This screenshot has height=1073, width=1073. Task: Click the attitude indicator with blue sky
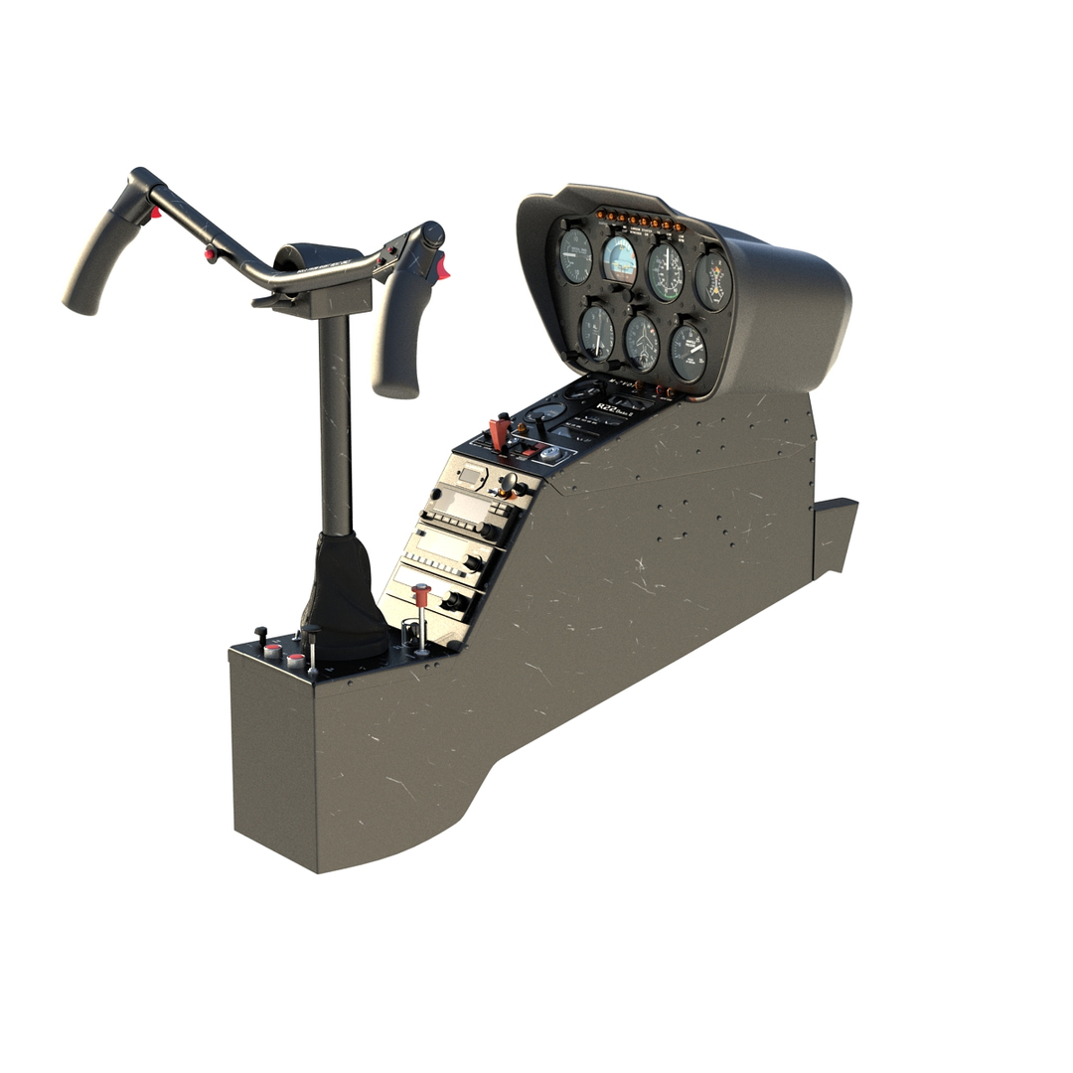pos(620,259)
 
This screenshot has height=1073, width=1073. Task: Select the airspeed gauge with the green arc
pos(665,270)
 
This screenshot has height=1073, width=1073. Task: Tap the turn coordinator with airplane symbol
pos(642,343)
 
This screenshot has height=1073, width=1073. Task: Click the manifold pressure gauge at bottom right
pos(688,352)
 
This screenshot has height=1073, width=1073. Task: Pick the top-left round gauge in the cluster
pos(574,256)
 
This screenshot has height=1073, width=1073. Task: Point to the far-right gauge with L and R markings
pos(712,280)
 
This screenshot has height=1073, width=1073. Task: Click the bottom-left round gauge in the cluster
pos(596,332)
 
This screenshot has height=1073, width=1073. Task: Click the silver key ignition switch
pos(550,453)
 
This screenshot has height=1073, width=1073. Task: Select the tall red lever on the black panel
pos(500,433)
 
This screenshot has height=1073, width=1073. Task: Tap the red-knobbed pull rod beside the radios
pos(421,593)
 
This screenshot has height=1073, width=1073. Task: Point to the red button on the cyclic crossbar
pos(211,255)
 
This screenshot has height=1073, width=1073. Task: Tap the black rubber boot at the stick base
pos(344,596)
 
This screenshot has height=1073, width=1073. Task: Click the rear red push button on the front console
pos(295,660)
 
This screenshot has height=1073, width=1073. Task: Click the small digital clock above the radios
pos(469,474)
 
